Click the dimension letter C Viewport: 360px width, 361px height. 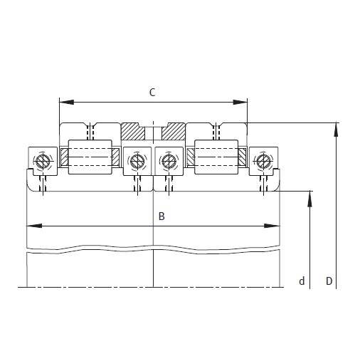[152, 92]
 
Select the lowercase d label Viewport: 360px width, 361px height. [302, 282]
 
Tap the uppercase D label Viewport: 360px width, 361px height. [329, 281]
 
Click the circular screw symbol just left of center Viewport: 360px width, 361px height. [137, 161]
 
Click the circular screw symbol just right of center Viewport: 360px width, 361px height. [168, 161]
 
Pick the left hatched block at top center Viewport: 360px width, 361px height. [132, 132]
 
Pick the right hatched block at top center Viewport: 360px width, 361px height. [173, 132]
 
